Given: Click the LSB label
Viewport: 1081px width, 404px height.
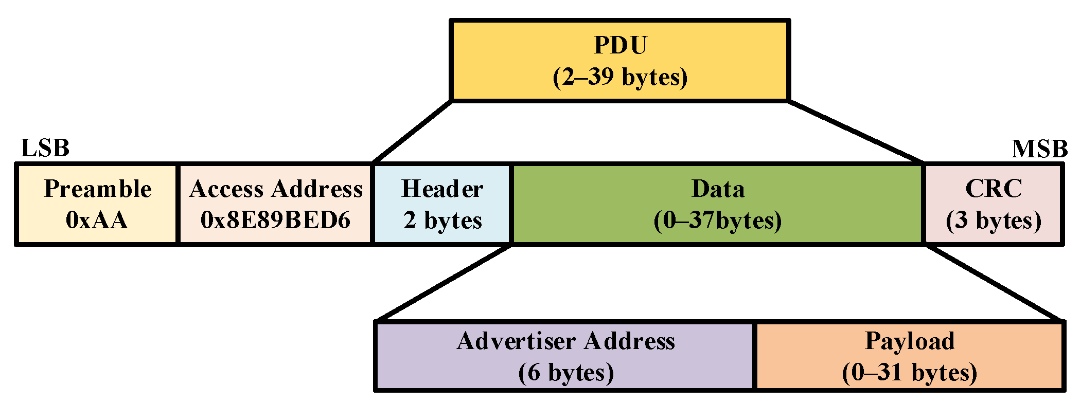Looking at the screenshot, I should [x=45, y=149].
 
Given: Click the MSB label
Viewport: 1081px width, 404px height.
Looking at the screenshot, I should [x=1039, y=149].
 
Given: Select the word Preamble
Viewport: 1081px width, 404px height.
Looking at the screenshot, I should [x=98, y=189].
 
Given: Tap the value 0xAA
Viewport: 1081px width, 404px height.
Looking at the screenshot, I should [x=97, y=220].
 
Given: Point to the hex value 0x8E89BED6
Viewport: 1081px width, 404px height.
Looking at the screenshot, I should [x=275, y=220].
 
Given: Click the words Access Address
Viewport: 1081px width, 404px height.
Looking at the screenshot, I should [x=276, y=189].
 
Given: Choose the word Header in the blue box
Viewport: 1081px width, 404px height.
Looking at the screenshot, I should [x=442, y=189].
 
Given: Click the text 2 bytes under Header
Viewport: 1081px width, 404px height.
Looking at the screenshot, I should [x=442, y=220].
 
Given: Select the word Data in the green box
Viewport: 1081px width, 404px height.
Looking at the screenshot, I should [x=718, y=189].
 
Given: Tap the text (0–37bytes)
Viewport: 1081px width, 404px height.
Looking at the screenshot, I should [x=718, y=220].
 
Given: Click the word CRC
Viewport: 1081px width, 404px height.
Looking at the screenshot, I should [x=993, y=188].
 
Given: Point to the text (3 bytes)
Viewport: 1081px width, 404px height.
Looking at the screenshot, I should [x=994, y=220].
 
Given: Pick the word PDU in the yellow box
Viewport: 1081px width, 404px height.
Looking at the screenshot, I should [x=620, y=45].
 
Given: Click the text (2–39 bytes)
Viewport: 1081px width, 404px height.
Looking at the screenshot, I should [x=620, y=77].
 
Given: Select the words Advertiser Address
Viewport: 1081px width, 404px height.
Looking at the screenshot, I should [x=565, y=341].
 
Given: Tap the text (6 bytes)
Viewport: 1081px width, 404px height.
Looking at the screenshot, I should [x=566, y=372].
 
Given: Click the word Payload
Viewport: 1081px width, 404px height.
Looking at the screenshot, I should [x=910, y=341].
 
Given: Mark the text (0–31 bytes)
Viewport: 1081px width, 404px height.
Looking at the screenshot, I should [x=910, y=372].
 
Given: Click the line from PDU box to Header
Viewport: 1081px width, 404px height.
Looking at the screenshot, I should [x=413, y=132].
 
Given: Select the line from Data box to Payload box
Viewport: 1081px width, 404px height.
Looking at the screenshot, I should [x=994, y=283].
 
